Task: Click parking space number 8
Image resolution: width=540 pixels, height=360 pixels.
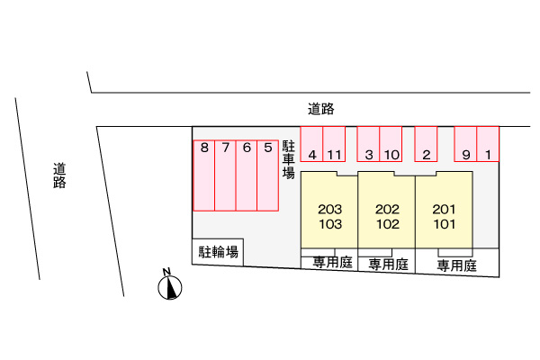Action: click(x=204, y=175)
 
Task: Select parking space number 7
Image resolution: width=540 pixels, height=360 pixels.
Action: click(x=226, y=175)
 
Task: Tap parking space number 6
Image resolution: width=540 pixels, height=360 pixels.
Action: click(x=247, y=175)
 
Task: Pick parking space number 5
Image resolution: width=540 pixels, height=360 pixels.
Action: click(x=268, y=175)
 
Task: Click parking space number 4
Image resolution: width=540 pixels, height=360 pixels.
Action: click(x=311, y=144)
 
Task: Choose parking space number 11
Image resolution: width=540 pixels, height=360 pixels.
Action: click(x=334, y=144)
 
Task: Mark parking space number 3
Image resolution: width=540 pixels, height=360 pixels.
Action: click(x=369, y=144)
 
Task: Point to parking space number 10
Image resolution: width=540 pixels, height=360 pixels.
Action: click(x=391, y=144)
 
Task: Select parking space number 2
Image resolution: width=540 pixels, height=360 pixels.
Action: click(x=426, y=144)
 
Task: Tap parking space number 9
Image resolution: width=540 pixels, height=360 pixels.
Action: click(x=465, y=144)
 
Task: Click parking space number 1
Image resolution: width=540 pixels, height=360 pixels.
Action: click(x=488, y=144)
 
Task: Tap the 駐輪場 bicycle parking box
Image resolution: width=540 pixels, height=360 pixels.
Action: click(x=219, y=252)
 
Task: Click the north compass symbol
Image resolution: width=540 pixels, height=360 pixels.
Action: click(x=168, y=287)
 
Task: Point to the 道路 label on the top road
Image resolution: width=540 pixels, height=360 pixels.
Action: click(x=320, y=109)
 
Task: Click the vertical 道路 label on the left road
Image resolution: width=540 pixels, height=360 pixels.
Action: click(x=59, y=175)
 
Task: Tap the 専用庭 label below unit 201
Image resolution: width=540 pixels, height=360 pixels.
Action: click(x=456, y=265)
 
